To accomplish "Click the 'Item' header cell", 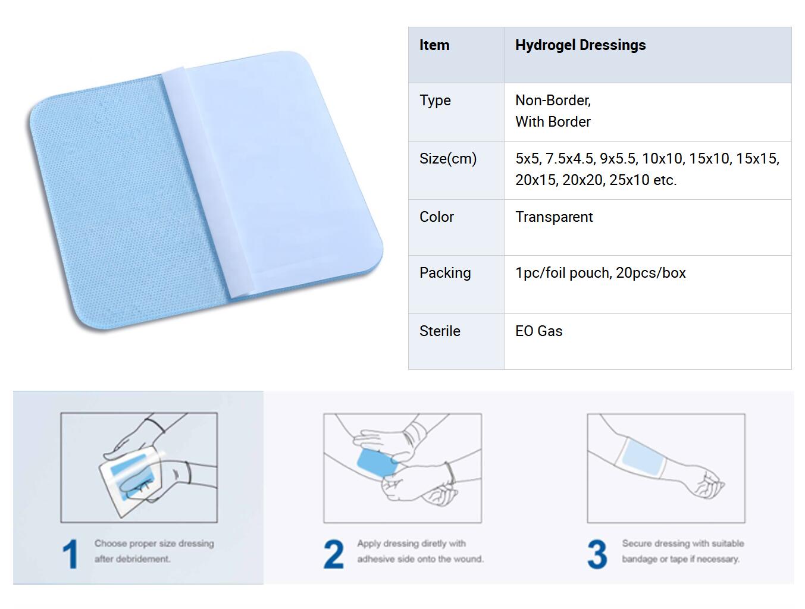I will point(434,45).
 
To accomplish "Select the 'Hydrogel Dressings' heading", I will point(580,45).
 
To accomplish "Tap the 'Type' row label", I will point(435,101).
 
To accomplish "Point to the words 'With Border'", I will point(553,122).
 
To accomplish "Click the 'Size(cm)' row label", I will point(448,159).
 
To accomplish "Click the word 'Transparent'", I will point(554,217).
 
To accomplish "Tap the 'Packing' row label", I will point(445,273).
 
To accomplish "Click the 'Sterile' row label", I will point(440,331).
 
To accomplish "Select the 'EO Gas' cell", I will point(538,331).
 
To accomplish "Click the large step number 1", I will point(70,554).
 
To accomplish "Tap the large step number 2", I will point(334,554).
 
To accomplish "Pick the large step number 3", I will point(597,554).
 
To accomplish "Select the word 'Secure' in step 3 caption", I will point(636,544).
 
